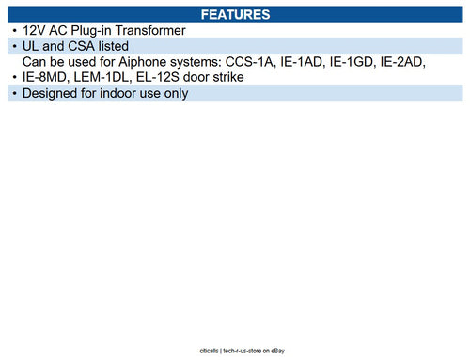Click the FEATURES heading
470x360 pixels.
(235, 15)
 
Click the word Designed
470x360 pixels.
(55, 93)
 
